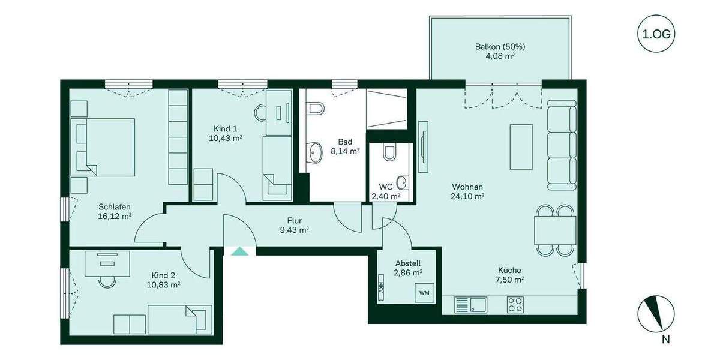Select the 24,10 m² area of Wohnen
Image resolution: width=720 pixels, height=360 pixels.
[467, 196]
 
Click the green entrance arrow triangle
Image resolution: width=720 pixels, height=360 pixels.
[239, 251]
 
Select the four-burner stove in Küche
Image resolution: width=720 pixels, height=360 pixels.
[515, 304]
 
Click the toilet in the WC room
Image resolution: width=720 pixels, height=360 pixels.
[389, 154]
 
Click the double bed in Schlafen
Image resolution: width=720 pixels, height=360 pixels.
[103, 147]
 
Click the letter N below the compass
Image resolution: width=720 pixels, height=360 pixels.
[665, 340]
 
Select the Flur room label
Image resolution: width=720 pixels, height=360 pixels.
[295, 220]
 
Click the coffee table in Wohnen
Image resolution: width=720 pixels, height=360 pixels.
[520, 147]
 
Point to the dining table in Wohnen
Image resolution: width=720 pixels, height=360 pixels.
[555, 230]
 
